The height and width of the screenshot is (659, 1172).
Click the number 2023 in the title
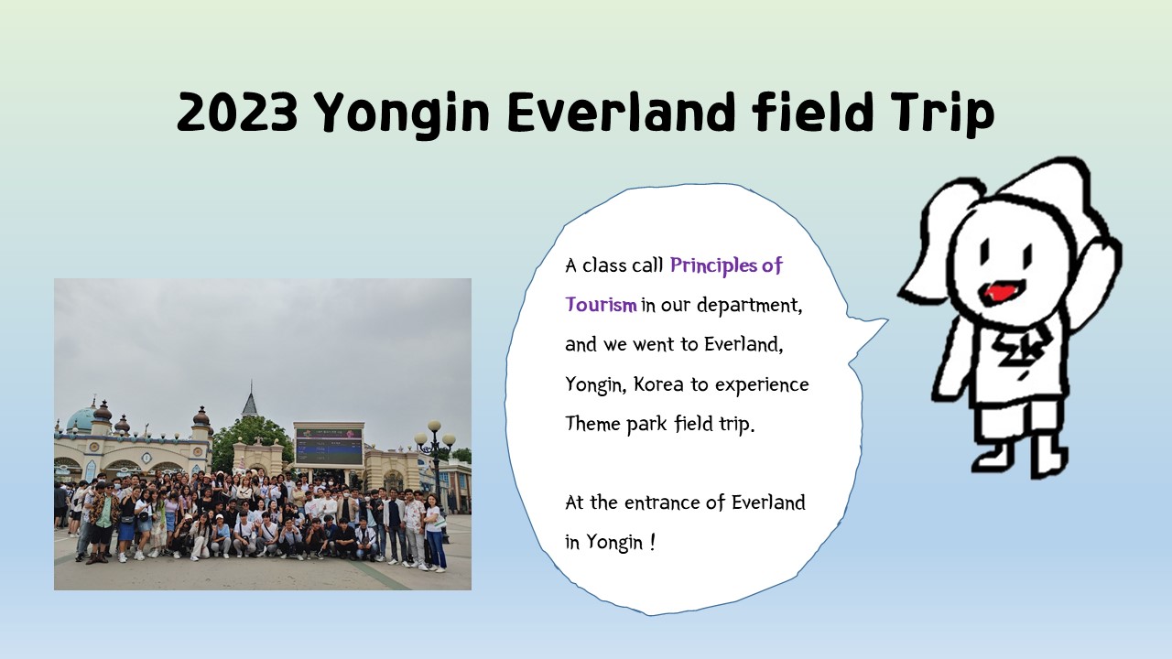click(237, 112)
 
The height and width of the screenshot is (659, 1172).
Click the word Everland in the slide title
click(621, 112)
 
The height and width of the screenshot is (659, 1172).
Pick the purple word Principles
click(713, 265)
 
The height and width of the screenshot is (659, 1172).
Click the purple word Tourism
click(602, 305)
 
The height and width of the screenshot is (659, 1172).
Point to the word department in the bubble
click(749, 306)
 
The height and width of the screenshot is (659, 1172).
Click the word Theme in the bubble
click(592, 423)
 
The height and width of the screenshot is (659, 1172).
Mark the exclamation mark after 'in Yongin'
click(652, 543)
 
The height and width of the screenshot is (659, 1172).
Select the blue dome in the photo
click(80, 419)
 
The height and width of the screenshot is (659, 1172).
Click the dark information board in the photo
click(329, 446)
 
